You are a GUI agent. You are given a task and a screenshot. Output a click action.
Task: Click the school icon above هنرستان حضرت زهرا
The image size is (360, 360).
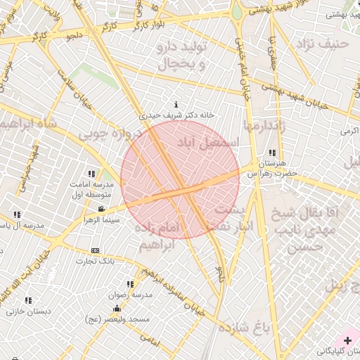point(272,153)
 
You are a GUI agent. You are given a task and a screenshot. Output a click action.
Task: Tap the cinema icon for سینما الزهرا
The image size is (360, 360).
point(102,209)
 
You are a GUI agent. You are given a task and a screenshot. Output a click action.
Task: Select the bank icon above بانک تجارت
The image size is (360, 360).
point(96,250)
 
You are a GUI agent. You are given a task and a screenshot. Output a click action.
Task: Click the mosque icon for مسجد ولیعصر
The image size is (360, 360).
point(116,309)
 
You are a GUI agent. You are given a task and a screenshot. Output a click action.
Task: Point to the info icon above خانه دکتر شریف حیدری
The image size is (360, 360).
point(176,104)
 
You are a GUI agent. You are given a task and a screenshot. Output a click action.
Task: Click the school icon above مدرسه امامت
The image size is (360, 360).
point(91,174)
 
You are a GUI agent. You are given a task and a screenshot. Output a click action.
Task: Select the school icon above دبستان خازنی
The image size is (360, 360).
point(28,300)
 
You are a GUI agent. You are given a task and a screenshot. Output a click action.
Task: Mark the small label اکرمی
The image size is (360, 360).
point(349,131)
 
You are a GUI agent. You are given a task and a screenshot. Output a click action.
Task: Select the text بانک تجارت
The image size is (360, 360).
point(96,261)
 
